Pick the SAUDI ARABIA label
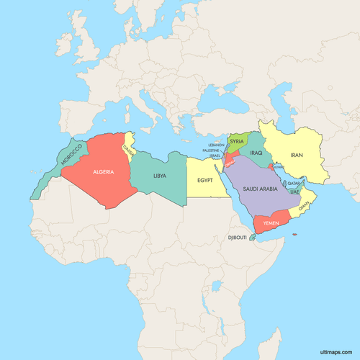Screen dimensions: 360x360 coord(259,189)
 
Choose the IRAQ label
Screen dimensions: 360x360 coord(256,153)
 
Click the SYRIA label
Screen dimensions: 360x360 coord(237,142)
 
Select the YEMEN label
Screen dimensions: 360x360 coord(271,224)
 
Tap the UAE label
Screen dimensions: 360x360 coord(294,192)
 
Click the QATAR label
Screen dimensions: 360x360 coord(293,184)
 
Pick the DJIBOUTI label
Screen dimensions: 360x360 coord(237,238)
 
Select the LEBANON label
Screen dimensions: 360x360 coord(216,145)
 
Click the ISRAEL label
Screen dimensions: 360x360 coord(215,156)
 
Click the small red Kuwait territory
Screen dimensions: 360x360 coord(271,166)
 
